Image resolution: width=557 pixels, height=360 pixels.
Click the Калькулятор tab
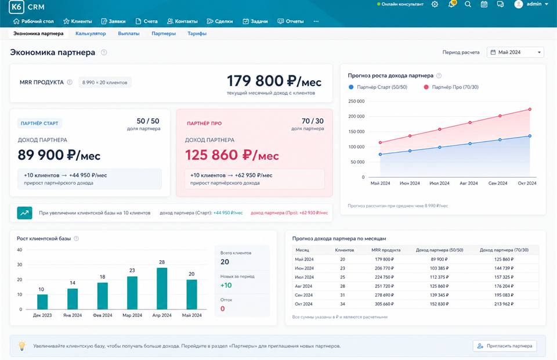(x=91, y=34)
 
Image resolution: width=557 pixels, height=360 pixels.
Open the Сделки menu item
(x=220, y=21)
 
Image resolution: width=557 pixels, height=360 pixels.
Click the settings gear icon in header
(x=435, y=4)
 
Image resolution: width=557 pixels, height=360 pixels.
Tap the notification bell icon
(x=452, y=4)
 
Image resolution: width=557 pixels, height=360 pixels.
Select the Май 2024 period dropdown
(x=515, y=52)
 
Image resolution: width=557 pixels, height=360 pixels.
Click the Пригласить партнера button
(x=505, y=346)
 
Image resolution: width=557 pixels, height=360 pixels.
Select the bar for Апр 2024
(x=162, y=288)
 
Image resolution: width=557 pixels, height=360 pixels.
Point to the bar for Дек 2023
(x=42, y=302)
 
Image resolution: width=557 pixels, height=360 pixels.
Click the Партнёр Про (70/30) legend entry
(x=451, y=87)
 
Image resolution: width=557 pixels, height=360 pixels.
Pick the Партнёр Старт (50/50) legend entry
(x=378, y=87)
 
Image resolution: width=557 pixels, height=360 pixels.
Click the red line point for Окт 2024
(x=530, y=110)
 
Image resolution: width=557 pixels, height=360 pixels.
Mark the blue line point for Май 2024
(x=381, y=154)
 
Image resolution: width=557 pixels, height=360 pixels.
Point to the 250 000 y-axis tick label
(x=356, y=101)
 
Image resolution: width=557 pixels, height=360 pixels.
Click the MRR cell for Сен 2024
(x=384, y=295)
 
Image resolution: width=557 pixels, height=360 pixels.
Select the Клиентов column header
(x=345, y=250)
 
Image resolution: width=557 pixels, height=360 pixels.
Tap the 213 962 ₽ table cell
(x=504, y=304)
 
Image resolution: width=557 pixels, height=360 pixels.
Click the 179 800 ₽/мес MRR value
(x=274, y=81)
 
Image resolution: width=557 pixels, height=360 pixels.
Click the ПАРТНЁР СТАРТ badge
(x=39, y=123)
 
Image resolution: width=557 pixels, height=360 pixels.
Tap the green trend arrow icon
(x=24, y=213)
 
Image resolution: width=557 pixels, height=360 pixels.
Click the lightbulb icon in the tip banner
(x=22, y=345)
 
